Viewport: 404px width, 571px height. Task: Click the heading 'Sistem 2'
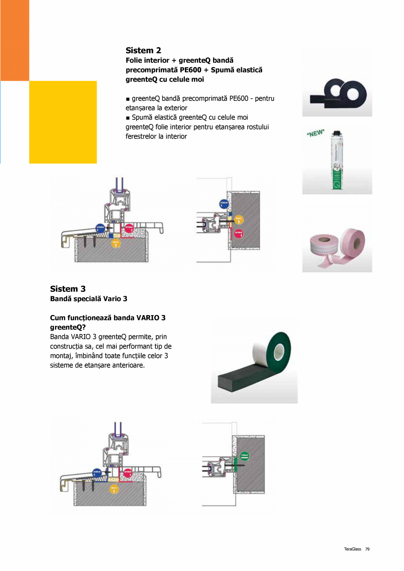click(143, 50)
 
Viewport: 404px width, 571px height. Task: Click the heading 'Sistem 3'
click(68, 289)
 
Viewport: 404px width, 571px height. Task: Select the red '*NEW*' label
click(315, 133)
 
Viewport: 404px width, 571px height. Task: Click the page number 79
click(367, 549)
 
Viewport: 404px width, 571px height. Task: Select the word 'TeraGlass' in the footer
click(353, 549)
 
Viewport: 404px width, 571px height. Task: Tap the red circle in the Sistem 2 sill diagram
click(128, 228)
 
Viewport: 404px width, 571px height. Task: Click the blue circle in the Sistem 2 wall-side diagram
click(224, 204)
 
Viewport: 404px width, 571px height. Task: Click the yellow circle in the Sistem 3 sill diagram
click(114, 488)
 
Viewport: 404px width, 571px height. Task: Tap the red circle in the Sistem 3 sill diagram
click(127, 473)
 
